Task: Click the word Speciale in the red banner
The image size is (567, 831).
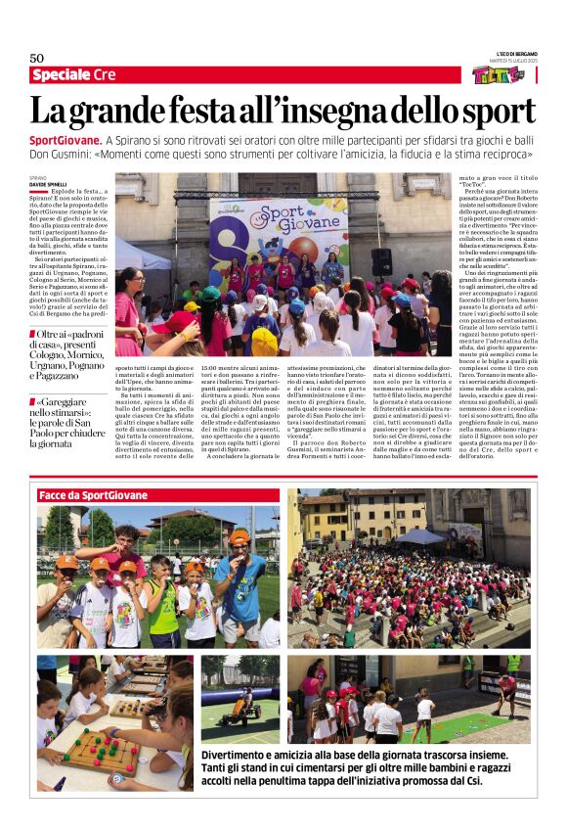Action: [x=61, y=75]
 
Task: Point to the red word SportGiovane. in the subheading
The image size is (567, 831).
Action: [x=64, y=141]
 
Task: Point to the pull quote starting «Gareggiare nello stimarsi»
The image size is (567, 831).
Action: [x=70, y=422]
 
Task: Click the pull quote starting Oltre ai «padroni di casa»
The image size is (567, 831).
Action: [x=70, y=357]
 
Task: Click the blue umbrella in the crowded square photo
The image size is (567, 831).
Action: [x=420, y=536]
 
